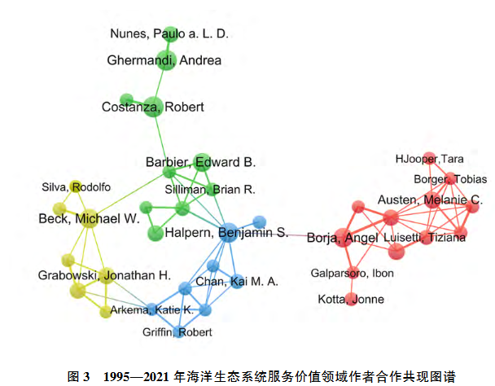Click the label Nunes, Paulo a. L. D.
(169, 33)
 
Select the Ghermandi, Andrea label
(164, 60)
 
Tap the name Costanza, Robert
(152, 107)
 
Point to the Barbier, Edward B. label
(200, 161)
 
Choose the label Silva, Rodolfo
(76, 187)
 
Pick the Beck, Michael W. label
(90, 218)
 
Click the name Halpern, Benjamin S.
(226, 233)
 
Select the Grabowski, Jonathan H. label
(103, 275)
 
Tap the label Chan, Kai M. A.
(237, 282)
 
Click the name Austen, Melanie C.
(430, 200)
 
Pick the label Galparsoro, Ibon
(353, 273)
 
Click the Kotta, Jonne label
(351, 300)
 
